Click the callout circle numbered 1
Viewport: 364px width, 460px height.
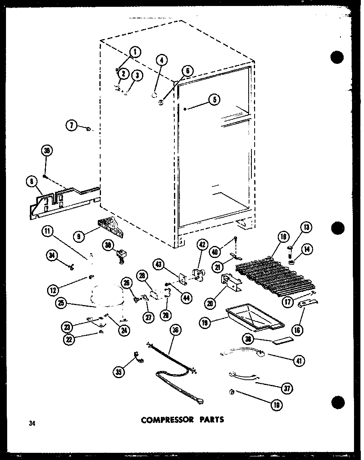[x=135, y=52]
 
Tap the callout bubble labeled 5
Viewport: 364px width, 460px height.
[x=214, y=100]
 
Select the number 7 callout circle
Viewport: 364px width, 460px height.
[x=71, y=126]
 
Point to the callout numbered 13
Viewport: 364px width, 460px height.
[x=307, y=228]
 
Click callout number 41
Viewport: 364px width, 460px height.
[x=298, y=361]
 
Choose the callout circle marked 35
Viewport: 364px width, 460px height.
[x=118, y=372]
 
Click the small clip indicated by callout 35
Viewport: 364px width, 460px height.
[x=137, y=355]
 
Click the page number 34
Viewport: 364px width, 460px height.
[x=32, y=424]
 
